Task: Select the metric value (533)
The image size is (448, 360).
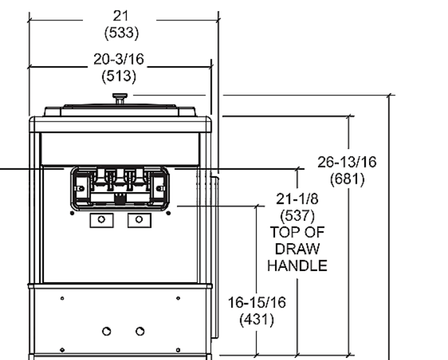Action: pyautogui.click(x=119, y=32)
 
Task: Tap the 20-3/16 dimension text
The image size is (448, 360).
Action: pyautogui.click(x=119, y=60)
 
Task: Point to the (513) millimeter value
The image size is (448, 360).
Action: pyautogui.click(x=119, y=76)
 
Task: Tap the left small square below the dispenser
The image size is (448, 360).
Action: pyautogui.click(x=101, y=220)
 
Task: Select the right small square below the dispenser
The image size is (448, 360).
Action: pyautogui.click(x=138, y=220)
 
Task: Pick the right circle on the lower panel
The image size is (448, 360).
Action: pyautogui.click(x=139, y=331)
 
